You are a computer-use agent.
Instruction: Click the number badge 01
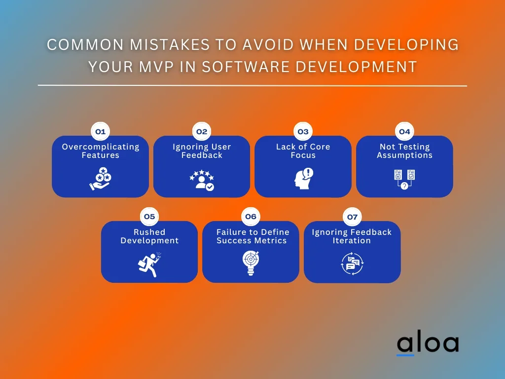[x=100, y=132]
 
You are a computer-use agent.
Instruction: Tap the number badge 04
[x=404, y=132]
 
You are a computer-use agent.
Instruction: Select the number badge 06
[x=251, y=217]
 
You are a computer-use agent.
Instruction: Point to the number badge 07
[x=352, y=217]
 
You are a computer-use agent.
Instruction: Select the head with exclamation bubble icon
[x=303, y=179]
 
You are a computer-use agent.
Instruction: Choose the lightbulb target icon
[x=251, y=264]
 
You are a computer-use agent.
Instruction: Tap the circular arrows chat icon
[x=352, y=264]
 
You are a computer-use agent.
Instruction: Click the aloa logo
[x=427, y=344]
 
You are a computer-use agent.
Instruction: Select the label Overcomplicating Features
[x=100, y=151]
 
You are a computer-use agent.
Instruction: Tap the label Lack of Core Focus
[x=303, y=151]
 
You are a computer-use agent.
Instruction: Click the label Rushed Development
[x=149, y=236]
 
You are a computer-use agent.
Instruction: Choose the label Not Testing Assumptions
[x=404, y=151]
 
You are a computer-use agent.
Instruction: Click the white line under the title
[x=252, y=86]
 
